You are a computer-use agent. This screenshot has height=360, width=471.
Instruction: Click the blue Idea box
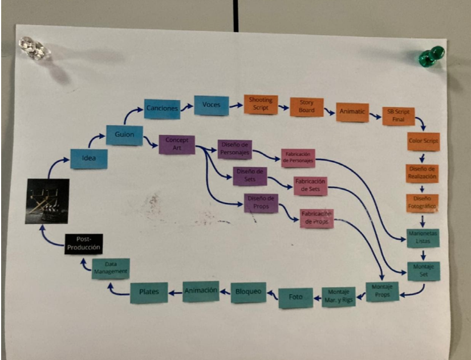(x=88, y=158)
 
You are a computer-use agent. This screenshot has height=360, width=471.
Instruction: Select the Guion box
(x=124, y=135)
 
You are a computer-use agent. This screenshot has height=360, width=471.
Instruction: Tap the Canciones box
(x=162, y=108)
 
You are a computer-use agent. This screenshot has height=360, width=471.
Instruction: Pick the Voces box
(x=211, y=105)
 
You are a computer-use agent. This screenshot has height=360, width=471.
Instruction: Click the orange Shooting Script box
(x=261, y=104)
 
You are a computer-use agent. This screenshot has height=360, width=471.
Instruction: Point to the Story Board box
(x=306, y=107)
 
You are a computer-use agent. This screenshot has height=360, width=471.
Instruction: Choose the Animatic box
(x=352, y=112)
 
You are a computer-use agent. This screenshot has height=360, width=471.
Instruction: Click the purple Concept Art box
(x=177, y=144)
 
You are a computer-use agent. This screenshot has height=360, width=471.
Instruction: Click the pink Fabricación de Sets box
(x=310, y=186)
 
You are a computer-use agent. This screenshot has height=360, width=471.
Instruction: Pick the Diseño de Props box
(x=261, y=202)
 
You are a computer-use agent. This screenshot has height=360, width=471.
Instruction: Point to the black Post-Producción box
(x=83, y=244)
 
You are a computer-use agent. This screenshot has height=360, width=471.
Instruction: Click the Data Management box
(x=111, y=268)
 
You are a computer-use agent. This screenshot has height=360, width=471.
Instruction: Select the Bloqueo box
(x=248, y=292)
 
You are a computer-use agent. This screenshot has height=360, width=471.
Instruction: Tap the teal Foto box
(x=295, y=297)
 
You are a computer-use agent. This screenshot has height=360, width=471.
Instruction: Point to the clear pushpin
(x=34, y=48)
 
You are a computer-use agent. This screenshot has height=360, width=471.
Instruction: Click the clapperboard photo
(x=47, y=201)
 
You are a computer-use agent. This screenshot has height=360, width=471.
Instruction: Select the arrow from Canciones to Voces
(x=186, y=106)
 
